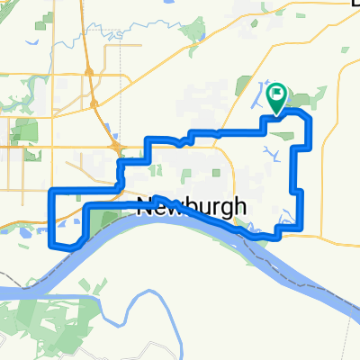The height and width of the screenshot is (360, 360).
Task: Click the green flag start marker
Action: (x=277, y=92)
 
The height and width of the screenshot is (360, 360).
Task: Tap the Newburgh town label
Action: (x=192, y=207)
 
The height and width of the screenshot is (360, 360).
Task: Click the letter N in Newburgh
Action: (x=147, y=207)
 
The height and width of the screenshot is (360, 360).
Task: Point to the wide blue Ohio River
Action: (x=180, y=261)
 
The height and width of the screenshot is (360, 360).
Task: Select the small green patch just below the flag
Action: (x=285, y=135)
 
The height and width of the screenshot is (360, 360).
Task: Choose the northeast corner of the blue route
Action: (x=309, y=118)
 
